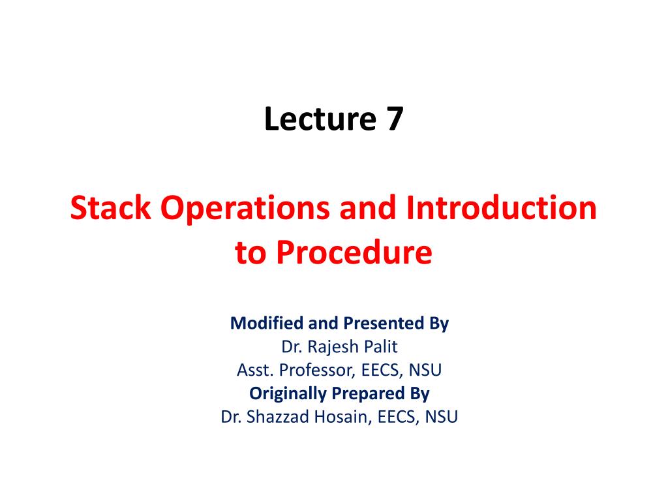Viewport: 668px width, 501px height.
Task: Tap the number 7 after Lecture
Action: coord(393,120)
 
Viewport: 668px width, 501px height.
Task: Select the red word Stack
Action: coord(111,209)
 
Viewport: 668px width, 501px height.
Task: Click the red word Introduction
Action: coord(501,209)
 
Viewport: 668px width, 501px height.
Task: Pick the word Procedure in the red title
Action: coord(352,252)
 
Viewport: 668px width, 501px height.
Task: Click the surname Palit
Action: coord(376,346)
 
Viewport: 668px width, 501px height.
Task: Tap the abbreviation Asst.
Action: coord(255,371)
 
